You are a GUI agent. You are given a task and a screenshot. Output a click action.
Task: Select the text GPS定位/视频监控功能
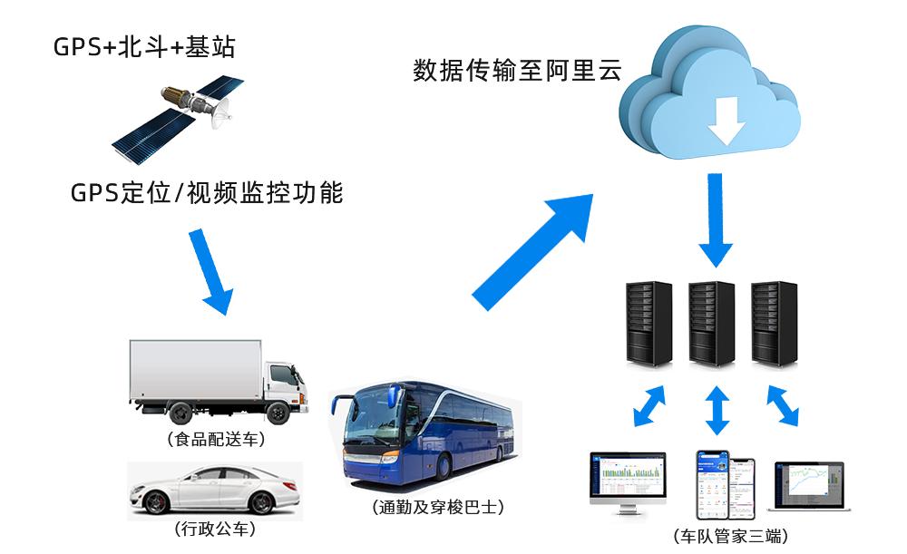(207, 192)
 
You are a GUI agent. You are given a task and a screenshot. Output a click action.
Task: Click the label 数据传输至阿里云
(517, 70)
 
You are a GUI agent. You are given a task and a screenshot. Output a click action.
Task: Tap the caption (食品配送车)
(216, 442)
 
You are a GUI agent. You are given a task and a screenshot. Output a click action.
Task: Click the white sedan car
(214, 491)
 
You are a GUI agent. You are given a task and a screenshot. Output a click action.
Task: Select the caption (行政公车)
(214, 530)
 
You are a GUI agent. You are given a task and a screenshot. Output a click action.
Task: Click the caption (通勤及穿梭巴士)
(438, 508)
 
